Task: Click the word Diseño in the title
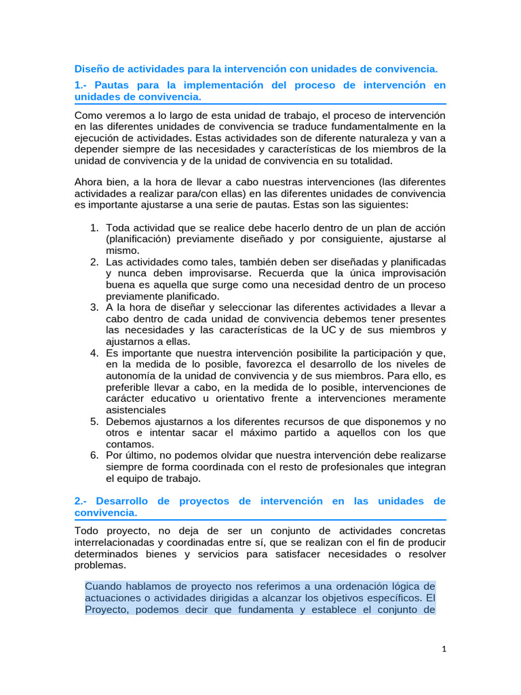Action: pos(91,69)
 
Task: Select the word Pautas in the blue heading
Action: pos(115,85)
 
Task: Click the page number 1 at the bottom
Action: pos(443,650)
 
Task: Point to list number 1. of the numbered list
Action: pos(95,227)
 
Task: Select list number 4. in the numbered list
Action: pos(95,353)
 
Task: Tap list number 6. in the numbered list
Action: pos(95,455)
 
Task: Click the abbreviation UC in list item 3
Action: pos(329,331)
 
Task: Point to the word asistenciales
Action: pos(136,411)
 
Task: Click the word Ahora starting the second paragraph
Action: pos(90,182)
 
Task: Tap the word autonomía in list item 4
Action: pos(132,376)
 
